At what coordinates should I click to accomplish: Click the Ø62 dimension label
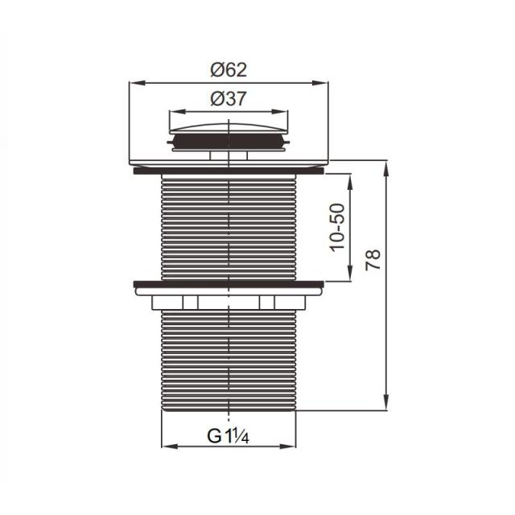pyautogui.click(x=229, y=70)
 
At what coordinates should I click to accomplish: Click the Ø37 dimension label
pyautogui.click(x=229, y=98)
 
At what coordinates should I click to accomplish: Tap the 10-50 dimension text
pyautogui.click(x=338, y=227)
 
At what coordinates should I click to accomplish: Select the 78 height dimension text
pyautogui.click(x=373, y=260)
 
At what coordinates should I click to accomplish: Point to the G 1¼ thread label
pyautogui.click(x=228, y=436)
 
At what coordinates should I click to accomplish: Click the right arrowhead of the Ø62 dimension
pyautogui.click(x=320, y=83)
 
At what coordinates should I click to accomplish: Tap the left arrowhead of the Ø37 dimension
pyautogui.click(x=177, y=112)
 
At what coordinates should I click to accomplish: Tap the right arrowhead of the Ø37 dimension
pyautogui.click(x=280, y=112)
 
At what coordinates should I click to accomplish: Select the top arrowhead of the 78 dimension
pyautogui.click(x=386, y=168)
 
